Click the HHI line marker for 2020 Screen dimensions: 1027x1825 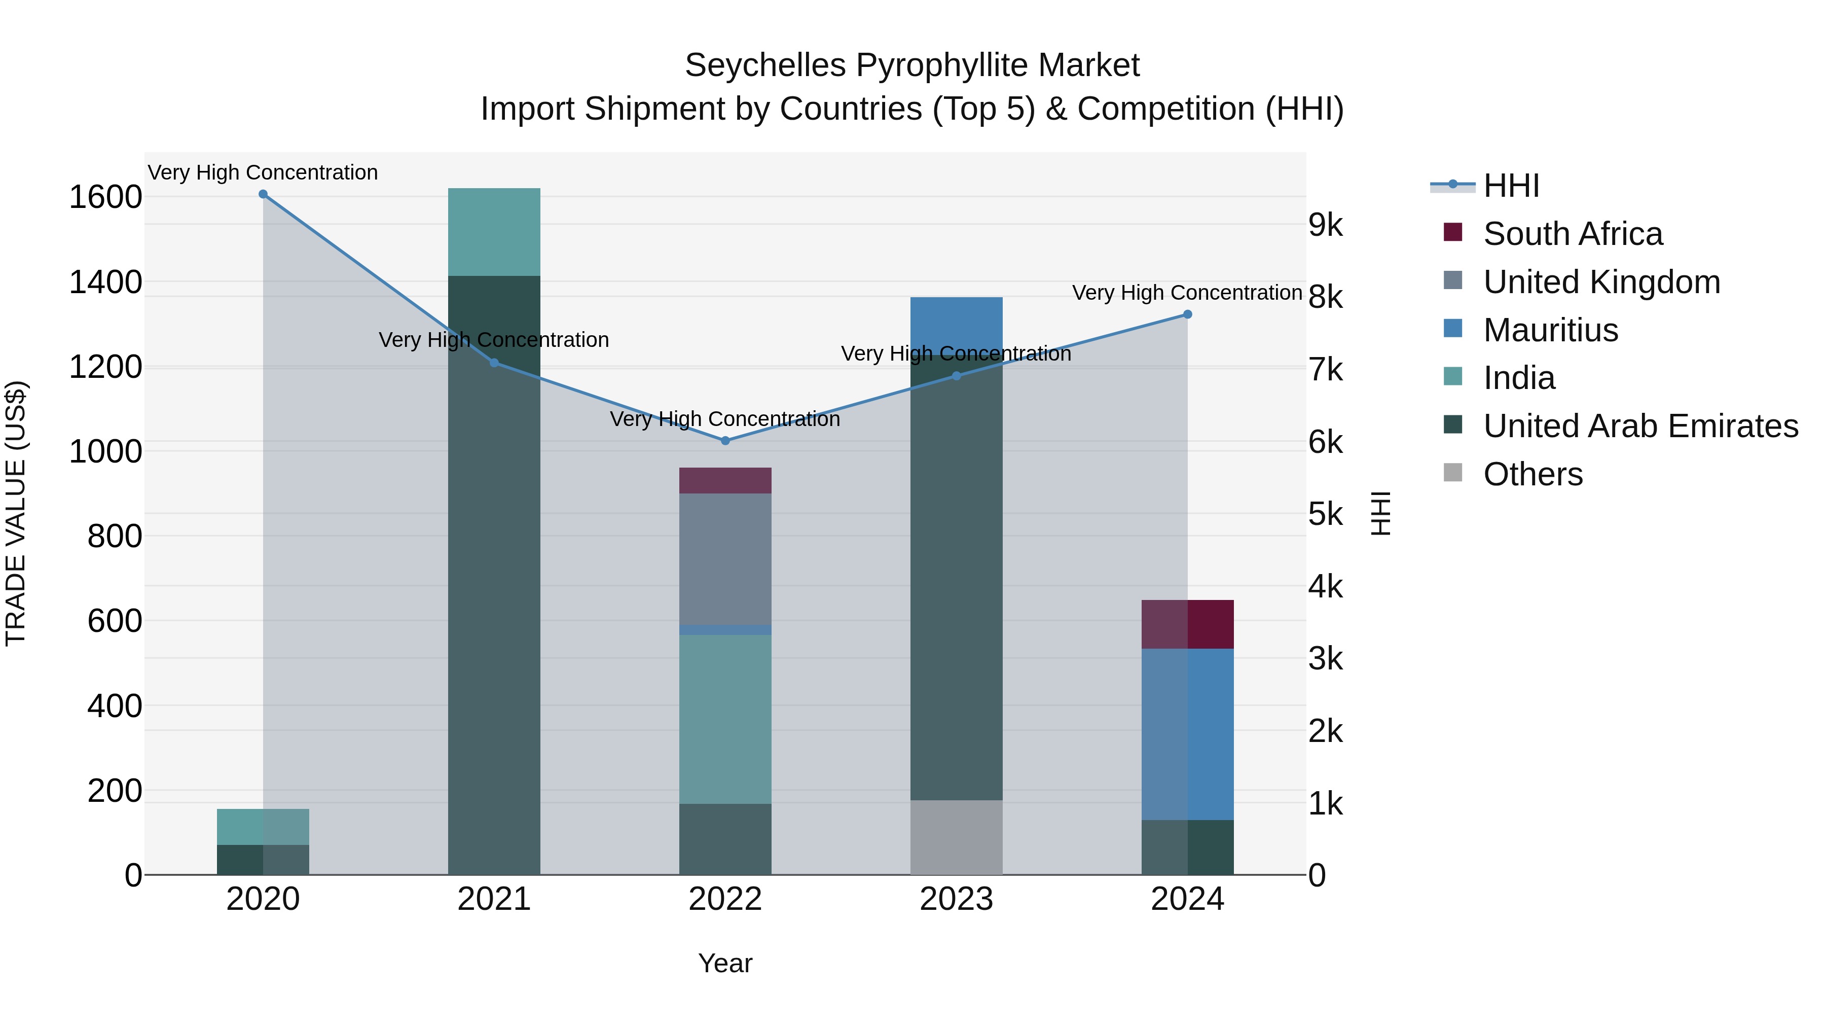tap(263, 194)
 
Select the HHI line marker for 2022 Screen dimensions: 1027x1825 tap(725, 441)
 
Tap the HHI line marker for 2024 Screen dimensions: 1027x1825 tap(1187, 314)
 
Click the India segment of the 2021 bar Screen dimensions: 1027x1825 tap(494, 232)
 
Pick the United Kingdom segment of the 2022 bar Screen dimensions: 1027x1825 tap(725, 558)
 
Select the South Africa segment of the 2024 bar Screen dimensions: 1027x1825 tap(1187, 624)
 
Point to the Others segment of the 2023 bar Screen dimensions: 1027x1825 tap(956, 837)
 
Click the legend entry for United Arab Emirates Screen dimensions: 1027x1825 tap(1640, 426)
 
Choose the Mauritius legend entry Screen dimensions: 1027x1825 tap(1550, 330)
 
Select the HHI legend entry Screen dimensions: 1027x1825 tap(1511, 186)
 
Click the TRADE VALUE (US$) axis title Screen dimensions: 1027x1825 tap(16, 513)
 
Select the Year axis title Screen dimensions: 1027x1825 tap(725, 963)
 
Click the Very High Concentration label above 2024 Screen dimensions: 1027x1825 tap(1187, 293)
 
